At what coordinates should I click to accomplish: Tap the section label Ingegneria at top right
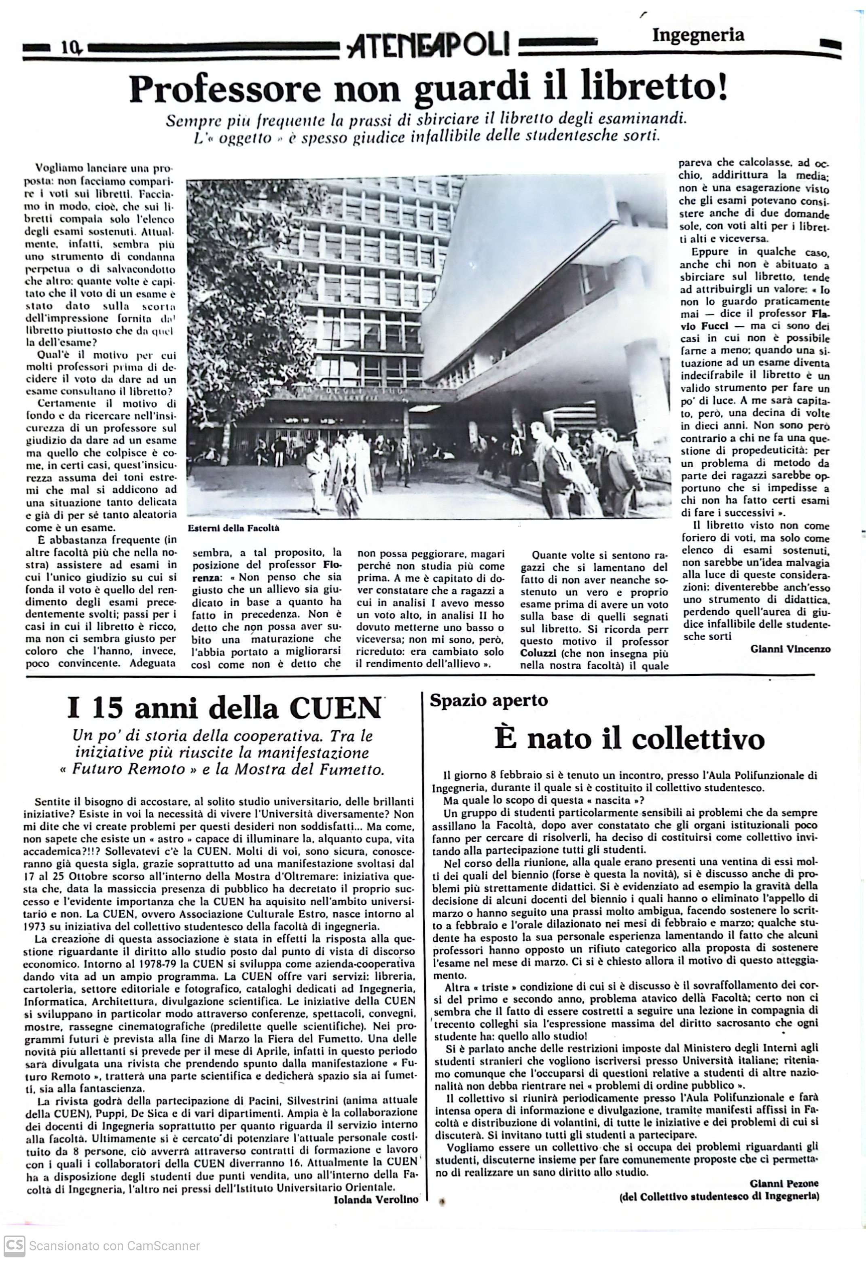point(698,35)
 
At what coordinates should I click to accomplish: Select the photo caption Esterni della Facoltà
point(233,528)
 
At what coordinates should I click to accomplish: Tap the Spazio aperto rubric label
point(489,700)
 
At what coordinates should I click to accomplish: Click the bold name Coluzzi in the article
point(538,653)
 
